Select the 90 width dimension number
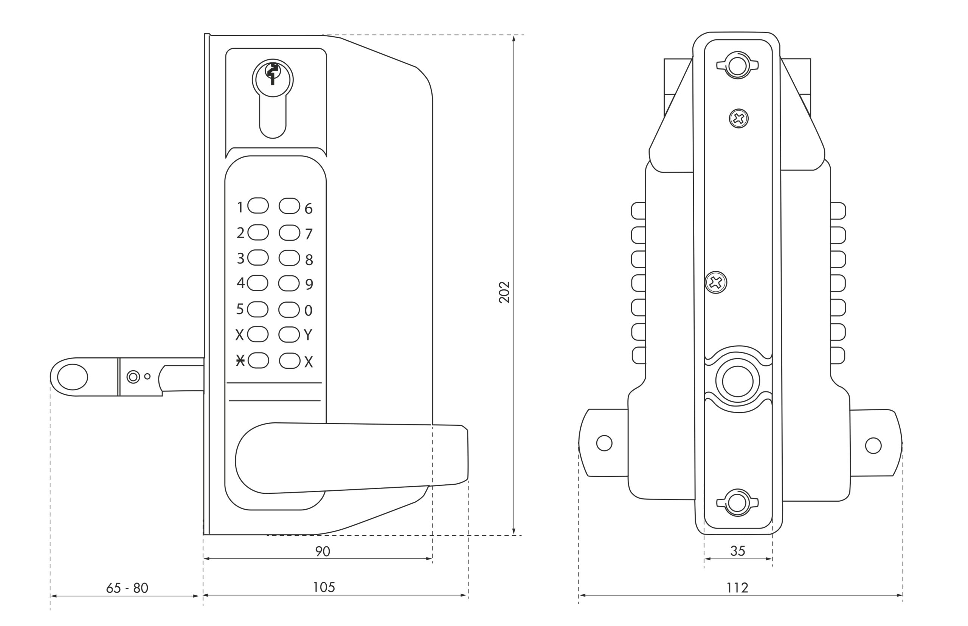[x=323, y=552]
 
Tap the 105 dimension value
[x=324, y=587]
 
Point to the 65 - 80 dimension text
[x=127, y=588]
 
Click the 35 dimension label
[x=737, y=551]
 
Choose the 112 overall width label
[x=737, y=588]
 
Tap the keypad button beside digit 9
[x=289, y=283]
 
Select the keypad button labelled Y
[x=289, y=335]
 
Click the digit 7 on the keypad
[x=309, y=234]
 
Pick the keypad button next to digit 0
[x=289, y=309]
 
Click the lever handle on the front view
[x=350, y=457]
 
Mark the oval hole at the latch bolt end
[x=72, y=377]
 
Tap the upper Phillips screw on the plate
[x=738, y=119]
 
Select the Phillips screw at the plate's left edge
[x=716, y=283]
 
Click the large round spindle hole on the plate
[x=737, y=381]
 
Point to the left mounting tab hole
[x=604, y=443]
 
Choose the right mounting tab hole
[x=873, y=445]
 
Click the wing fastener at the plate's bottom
[x=737, y=503]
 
